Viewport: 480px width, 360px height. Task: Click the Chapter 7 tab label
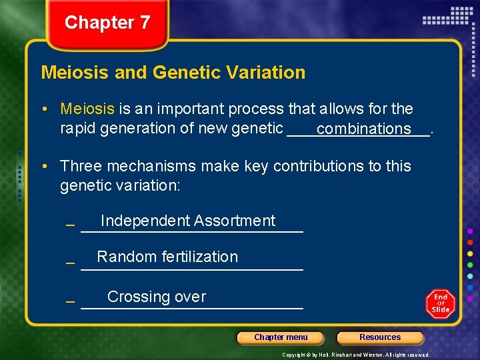click(107, 23)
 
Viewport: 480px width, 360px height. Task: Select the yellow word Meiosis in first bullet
click(87, 109)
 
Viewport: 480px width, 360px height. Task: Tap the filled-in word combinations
click(364, 129)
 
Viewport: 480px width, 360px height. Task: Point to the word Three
click(81, 166)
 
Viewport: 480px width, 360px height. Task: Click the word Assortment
click(234, 221)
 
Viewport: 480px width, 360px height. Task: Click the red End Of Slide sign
click(441, 304)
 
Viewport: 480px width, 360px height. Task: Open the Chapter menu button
click(281, 337)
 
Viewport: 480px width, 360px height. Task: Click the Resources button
click(380, 337)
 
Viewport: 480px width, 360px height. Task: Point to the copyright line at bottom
click(355, 355)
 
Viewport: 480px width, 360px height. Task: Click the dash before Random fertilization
click(70, 264)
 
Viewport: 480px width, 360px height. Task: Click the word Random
click(123, 257)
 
